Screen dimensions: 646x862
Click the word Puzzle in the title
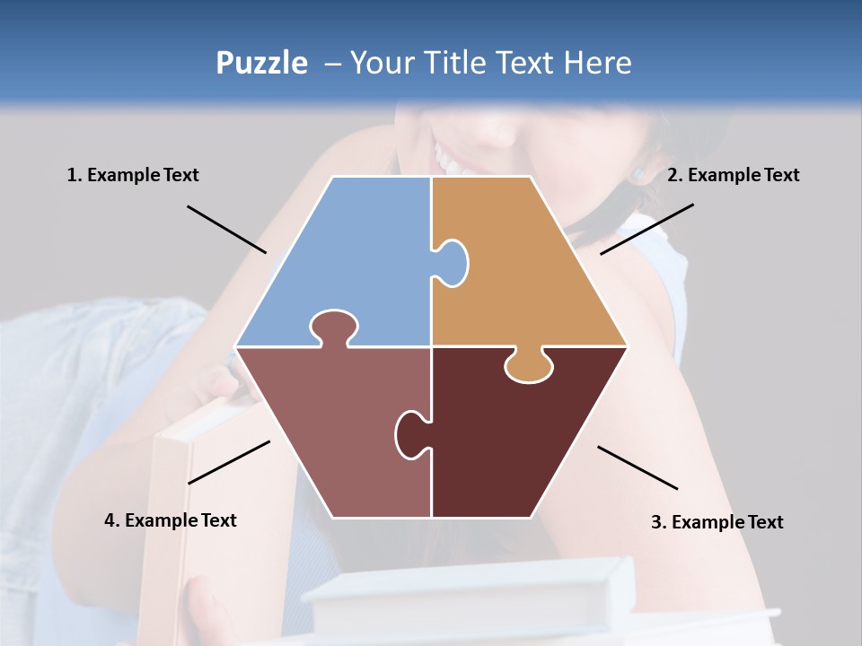(x=261, y=63)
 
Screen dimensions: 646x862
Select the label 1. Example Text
(x=133, y=175)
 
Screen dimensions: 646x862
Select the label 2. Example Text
(x=733, y=175)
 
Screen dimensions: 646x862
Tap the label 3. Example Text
(x=717, y=522)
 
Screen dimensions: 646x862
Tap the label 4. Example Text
(x=171, y=520)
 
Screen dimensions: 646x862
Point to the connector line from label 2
(x=646, y=229)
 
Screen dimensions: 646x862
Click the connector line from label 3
(x=638, y=467)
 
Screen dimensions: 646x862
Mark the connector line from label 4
(x=229, y=462)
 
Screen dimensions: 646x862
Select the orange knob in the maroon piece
(x=528, y=366)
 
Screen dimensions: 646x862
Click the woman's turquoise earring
(x=639, y=172)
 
